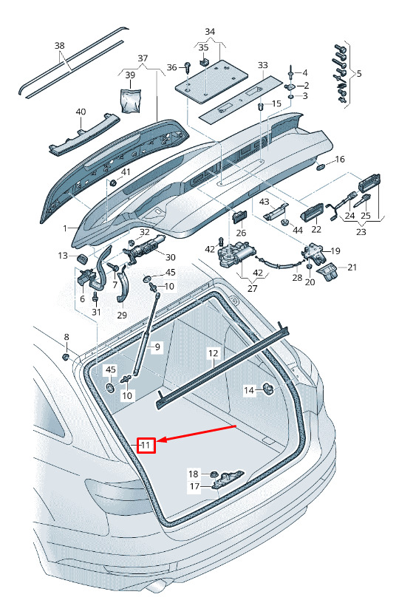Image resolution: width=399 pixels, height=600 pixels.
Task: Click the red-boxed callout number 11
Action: pos(146,445)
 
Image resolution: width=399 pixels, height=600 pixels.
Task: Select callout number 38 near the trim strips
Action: pos(60,46)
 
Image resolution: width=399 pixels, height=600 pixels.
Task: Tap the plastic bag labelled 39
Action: pos(131,100)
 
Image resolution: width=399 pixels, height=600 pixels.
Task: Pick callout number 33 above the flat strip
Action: pos(263,65)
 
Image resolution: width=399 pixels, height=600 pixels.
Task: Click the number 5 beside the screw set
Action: pos(359,73)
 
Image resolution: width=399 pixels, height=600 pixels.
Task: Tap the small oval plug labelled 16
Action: pos(321,166)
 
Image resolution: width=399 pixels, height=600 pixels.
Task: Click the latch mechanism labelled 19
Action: pos(315,253)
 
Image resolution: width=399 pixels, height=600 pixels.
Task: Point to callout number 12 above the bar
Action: pos(213,352)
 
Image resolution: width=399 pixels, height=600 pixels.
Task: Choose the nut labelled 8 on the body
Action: pos(66,357)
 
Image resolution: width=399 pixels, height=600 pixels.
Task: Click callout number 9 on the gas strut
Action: pos(157,347)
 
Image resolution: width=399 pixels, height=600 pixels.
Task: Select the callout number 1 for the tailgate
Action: pos(65,228)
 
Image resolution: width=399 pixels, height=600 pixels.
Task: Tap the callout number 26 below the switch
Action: pos(241,233)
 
